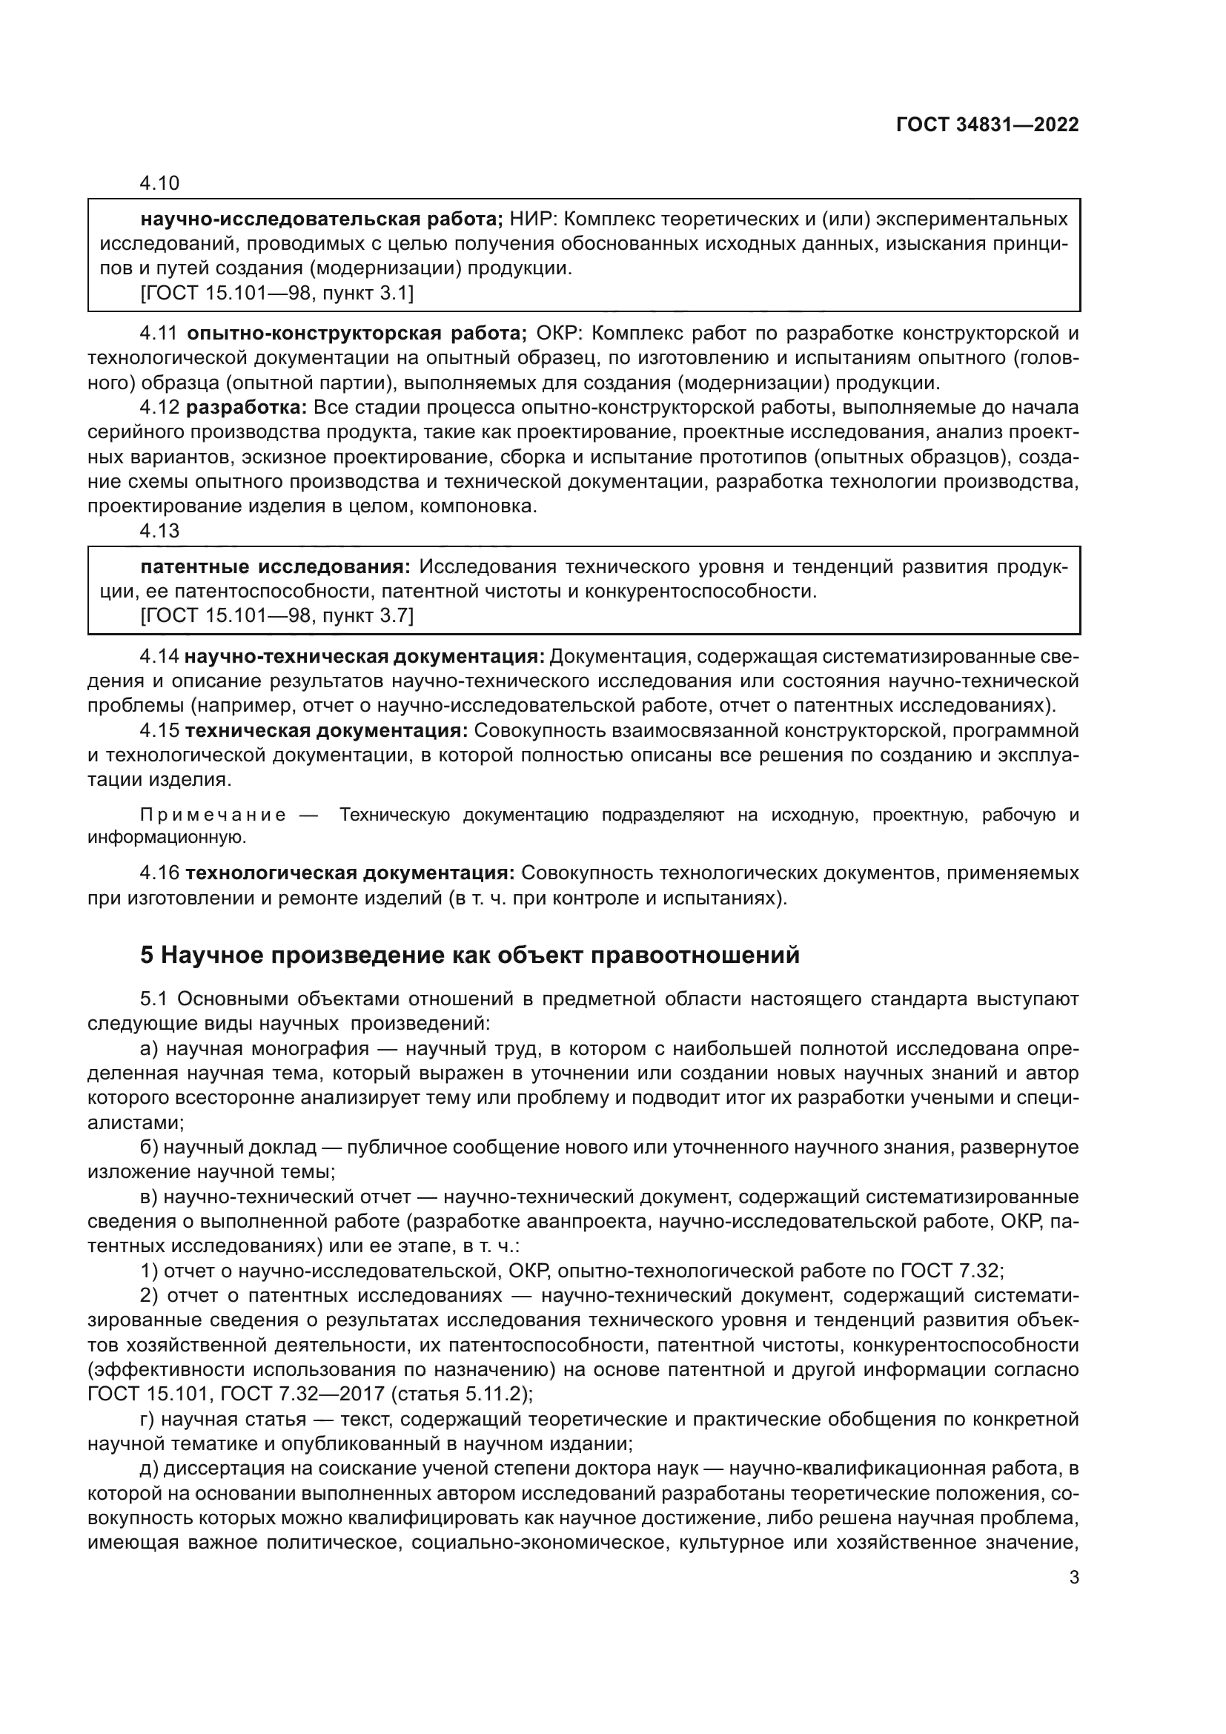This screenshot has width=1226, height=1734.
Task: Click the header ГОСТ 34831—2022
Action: pos(987,125)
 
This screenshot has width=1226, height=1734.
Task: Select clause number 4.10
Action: pos(159,184)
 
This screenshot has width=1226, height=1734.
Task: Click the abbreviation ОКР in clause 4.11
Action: pos(555,333)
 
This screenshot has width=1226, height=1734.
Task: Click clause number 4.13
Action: pos(159,531)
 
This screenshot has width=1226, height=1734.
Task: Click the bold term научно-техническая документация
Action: pos(364,656)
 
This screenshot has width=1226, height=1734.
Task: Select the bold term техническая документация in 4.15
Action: pos(327,731)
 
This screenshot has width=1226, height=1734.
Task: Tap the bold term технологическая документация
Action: pos(351,874)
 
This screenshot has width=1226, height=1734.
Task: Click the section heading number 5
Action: pos(147,956)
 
